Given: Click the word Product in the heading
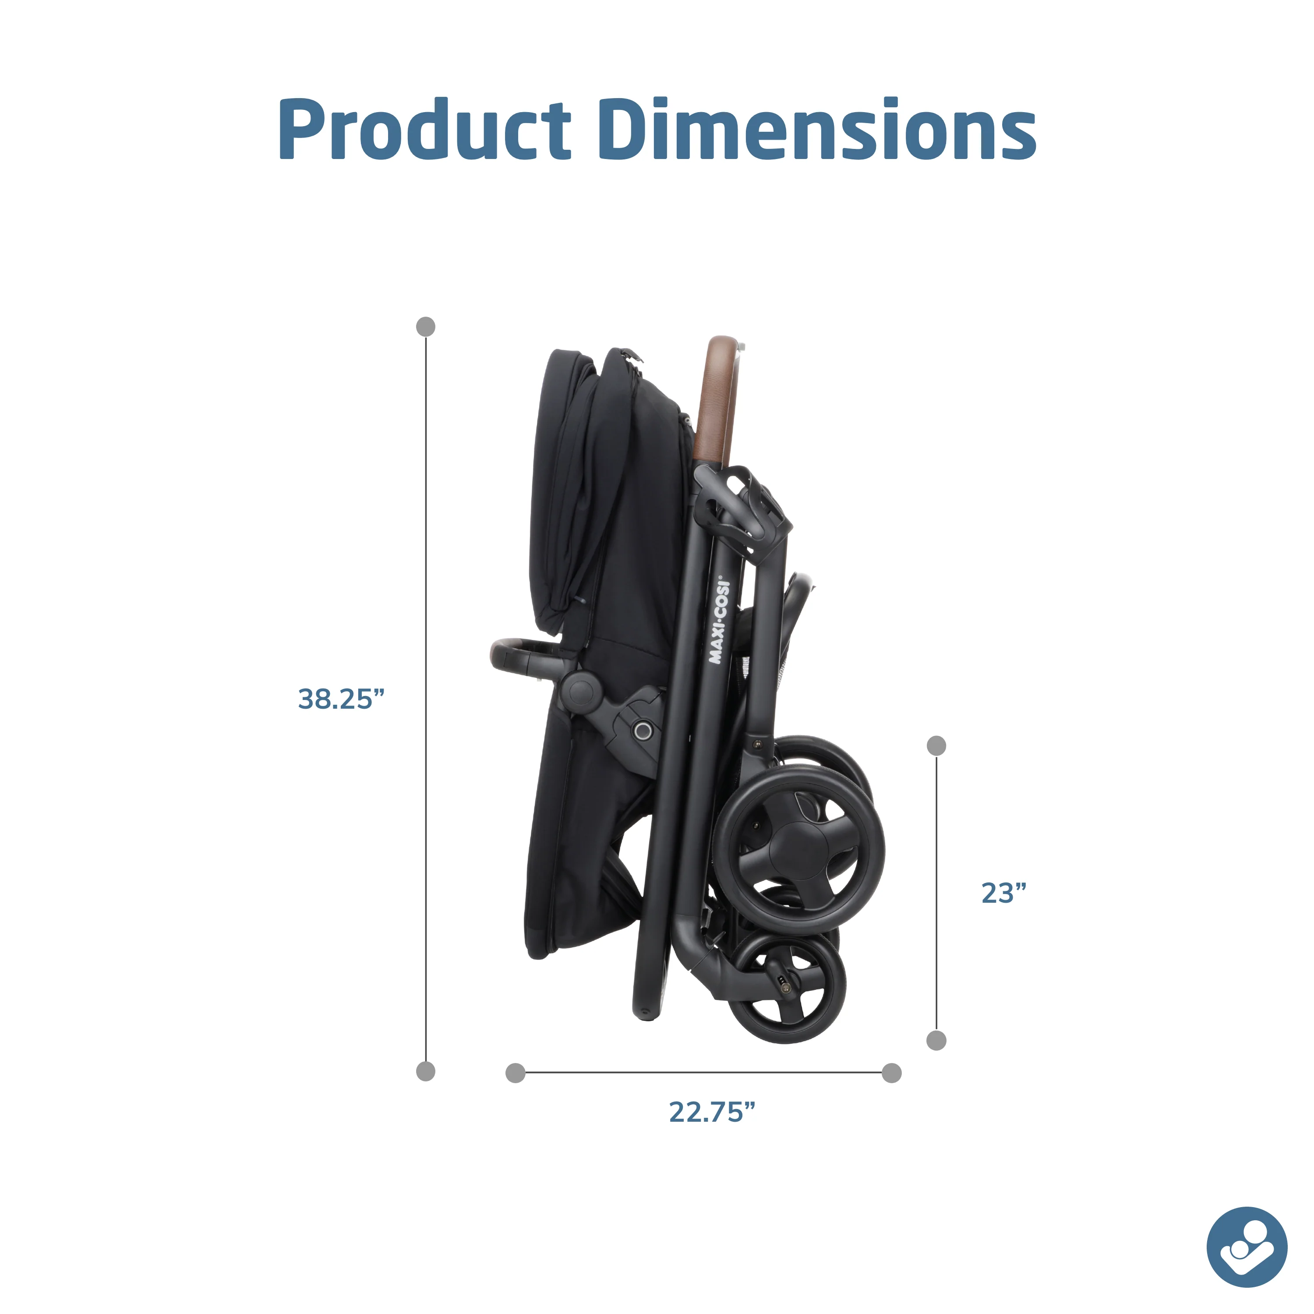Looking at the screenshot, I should click(424, 129).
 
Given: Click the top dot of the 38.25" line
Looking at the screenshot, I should click(426, 326).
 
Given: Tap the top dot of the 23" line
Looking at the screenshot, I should click(936, 746).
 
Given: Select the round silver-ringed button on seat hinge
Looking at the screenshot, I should click(643, 731).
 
